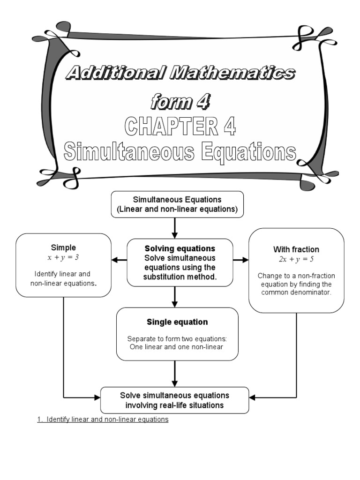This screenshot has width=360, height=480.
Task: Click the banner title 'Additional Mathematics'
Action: point(180,73)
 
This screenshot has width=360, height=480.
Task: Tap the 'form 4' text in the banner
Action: point(180,101)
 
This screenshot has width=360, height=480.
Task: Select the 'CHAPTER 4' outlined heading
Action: point(180,127)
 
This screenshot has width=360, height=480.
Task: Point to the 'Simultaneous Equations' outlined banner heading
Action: point(180,152)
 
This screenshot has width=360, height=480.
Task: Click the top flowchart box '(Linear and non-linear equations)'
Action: point(177,210)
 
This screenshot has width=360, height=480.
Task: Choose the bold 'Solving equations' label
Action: point(180,248)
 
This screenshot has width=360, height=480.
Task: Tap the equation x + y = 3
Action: point(63,257)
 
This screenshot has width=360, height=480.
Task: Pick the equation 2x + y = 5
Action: point(296,259)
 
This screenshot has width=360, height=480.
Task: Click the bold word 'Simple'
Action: point(63,247)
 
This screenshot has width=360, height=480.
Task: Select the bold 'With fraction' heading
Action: point(296,249)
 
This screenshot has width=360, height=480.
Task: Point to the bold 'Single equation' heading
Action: point(177,322)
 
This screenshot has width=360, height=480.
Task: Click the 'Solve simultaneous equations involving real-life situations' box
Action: point(175,400)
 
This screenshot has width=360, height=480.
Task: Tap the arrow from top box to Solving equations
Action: point(175,228)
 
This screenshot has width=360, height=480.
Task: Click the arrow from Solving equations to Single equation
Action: point(175,297)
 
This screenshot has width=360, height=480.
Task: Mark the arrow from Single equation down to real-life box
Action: point(175,374)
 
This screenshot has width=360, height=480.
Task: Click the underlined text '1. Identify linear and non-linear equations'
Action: point(103,420)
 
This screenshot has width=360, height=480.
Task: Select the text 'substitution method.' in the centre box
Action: point(180,277)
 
